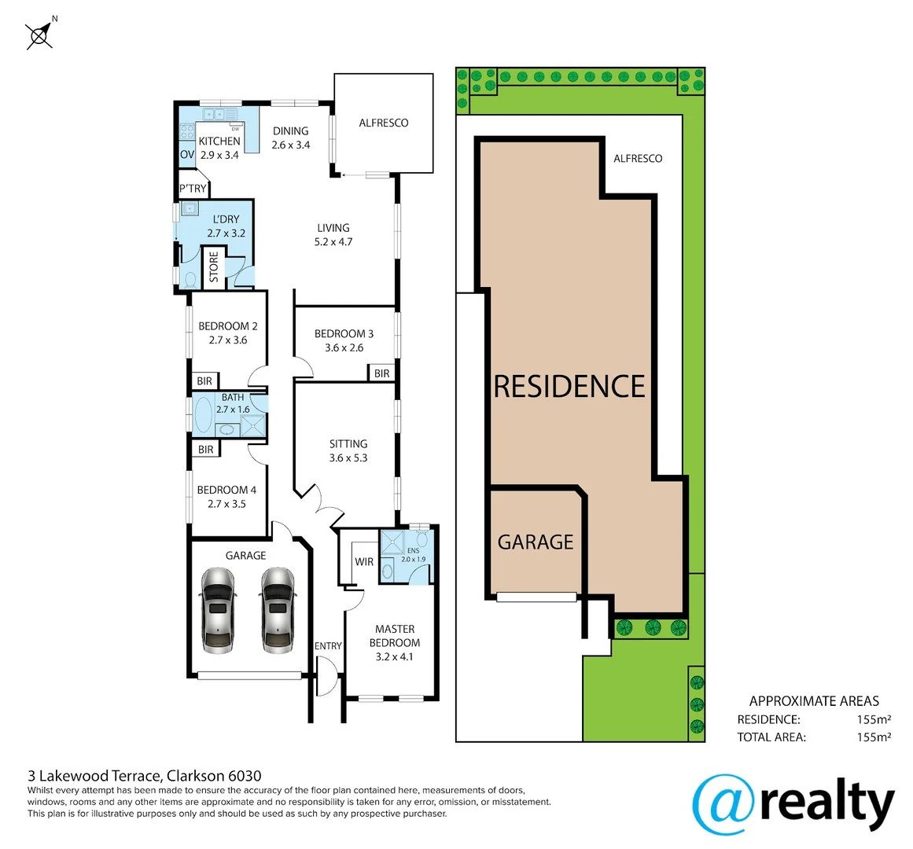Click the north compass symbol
tap(39, 35)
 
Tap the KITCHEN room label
tap(219, 141)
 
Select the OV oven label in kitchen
tap(187, 155)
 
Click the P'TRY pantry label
tap(193, 189)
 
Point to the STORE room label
tap(214, 267)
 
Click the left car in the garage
tap(218, 610)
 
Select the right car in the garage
tap(277, 610)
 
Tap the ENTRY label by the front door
tap(328, 646)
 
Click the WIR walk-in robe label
tap(364, 562)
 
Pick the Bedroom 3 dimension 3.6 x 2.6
tap(344, 347)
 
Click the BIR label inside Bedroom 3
tap(381, 373)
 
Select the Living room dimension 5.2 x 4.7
tap(333, 242)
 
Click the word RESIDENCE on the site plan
tap(569, 387)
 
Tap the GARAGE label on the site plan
tap(536, 542)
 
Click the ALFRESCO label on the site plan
tap(638, 159)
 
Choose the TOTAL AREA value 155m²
tap(873, 737)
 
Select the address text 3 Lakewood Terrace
tap(95, 777)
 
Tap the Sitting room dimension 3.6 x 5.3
tap(348, 458)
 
